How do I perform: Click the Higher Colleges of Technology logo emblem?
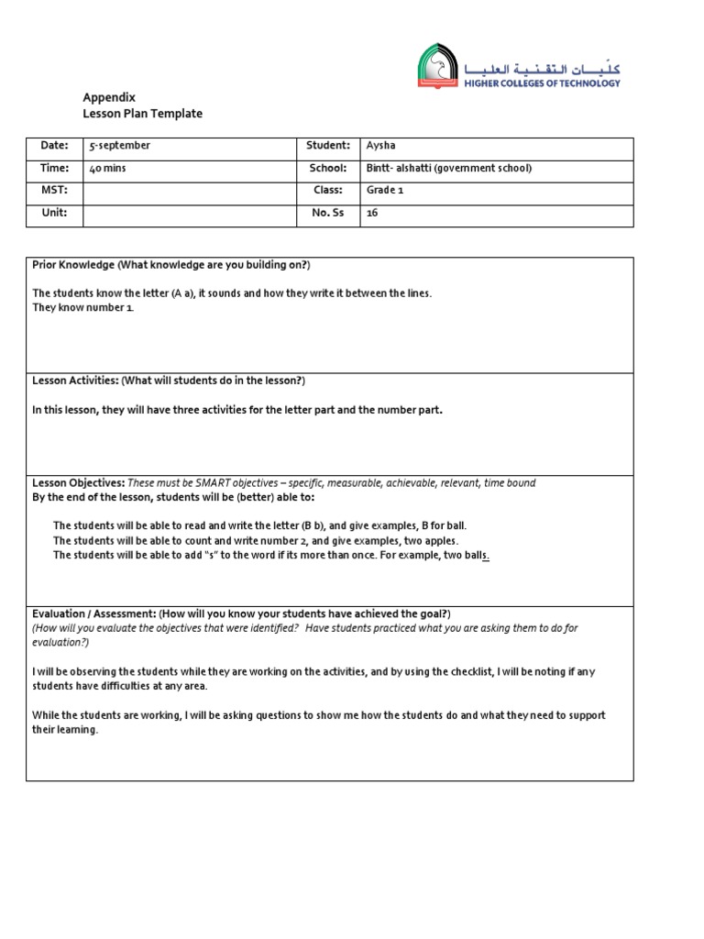pyautogui.click(x=437, y=66)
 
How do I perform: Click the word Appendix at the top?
pyautogui.click(x=109, y=97)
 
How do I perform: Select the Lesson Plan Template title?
pyautogui.click(x=142, y=114)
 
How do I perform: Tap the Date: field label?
pyautogui.click(x=55, y=146)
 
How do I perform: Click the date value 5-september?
pyautogui.click(x=119, y=146)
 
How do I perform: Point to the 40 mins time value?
pyautogui.click(x=108, y=169)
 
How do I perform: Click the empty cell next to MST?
pyautogui.click(x=188, y=191)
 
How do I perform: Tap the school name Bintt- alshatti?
pyautogui.click(x=400, y=169)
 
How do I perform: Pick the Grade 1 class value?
pyautogui.click(x=384, y=191)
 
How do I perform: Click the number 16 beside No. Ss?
pyautogui.click(x=372, y=213)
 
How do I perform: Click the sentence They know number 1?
pyautogui.click(x=83, y=307)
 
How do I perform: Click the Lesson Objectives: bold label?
pyautogui.click(x=78, y=483)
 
